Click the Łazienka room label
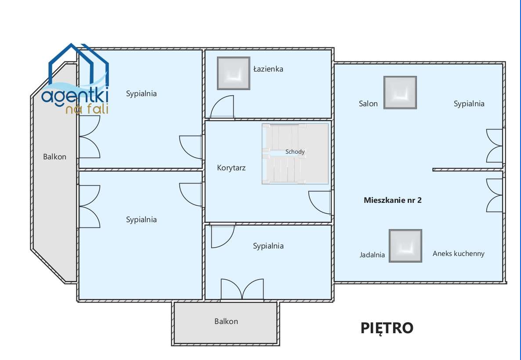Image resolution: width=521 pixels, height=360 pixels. click(268, 69)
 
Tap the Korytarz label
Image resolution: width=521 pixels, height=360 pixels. click(231, 168)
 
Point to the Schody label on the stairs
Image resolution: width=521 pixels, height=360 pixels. click(295, 152)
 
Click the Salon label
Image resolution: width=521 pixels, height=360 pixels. click(368, 104)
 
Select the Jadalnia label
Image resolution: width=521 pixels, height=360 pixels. click(372, 255)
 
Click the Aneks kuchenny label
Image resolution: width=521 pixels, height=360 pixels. click(459, 253)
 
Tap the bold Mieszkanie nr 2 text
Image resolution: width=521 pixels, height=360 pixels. click(393, 200)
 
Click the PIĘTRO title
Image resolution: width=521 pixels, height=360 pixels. click(387, 328)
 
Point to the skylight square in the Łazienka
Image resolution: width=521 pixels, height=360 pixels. click(234, 73)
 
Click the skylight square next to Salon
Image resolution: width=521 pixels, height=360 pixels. click(400, 93)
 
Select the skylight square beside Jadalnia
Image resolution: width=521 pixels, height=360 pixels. click(405, 246)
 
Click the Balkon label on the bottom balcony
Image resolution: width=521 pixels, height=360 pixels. click(226, 321)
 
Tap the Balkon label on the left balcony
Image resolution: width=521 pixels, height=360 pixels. click(54, 157)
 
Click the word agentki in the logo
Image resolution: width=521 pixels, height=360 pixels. click(75, 96)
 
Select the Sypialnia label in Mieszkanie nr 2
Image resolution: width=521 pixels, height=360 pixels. click(469, 104)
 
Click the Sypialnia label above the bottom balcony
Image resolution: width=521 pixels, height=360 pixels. click(268, 246)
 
